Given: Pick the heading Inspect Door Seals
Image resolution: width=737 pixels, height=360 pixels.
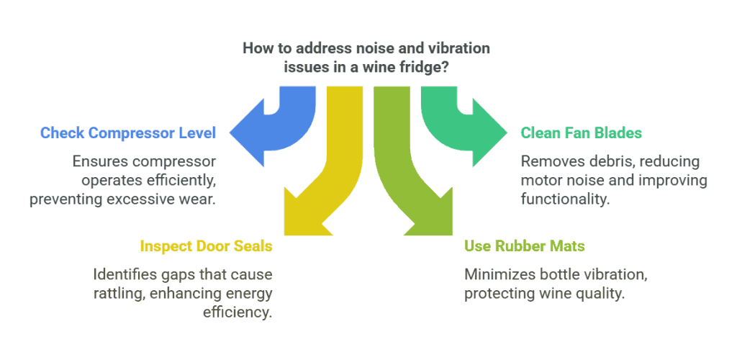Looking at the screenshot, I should click(x=206, y=246).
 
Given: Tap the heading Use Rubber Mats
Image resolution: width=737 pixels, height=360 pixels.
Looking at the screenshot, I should click(x=525, y=246).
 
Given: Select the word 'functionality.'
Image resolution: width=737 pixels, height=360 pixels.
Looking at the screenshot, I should click(x=566, y=199).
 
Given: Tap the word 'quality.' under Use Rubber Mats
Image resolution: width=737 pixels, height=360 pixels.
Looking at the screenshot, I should click(x=602, y=294).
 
